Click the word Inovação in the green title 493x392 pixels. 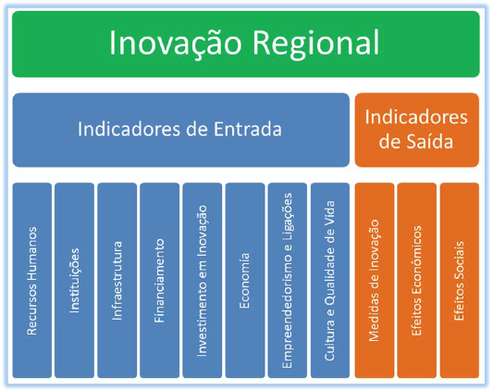point(176,43)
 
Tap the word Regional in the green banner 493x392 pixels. point(316,44)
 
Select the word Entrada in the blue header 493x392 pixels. point(248,129)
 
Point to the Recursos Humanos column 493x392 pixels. point(32,281)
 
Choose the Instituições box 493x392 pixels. point(75,281)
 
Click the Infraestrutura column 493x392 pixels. point(117,281)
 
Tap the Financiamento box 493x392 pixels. point(160,281)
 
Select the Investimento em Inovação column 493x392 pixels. point(203,281)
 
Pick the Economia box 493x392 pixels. point(245,281)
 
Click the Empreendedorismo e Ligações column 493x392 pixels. point(288,281)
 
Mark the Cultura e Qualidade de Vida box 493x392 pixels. point(330,281)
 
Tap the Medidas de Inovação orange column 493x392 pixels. point(375,281)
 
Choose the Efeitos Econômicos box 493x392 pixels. point(417,281)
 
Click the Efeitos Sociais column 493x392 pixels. point(460,281)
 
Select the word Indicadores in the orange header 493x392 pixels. point(416,117)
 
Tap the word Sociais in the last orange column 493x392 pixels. point(459,258)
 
